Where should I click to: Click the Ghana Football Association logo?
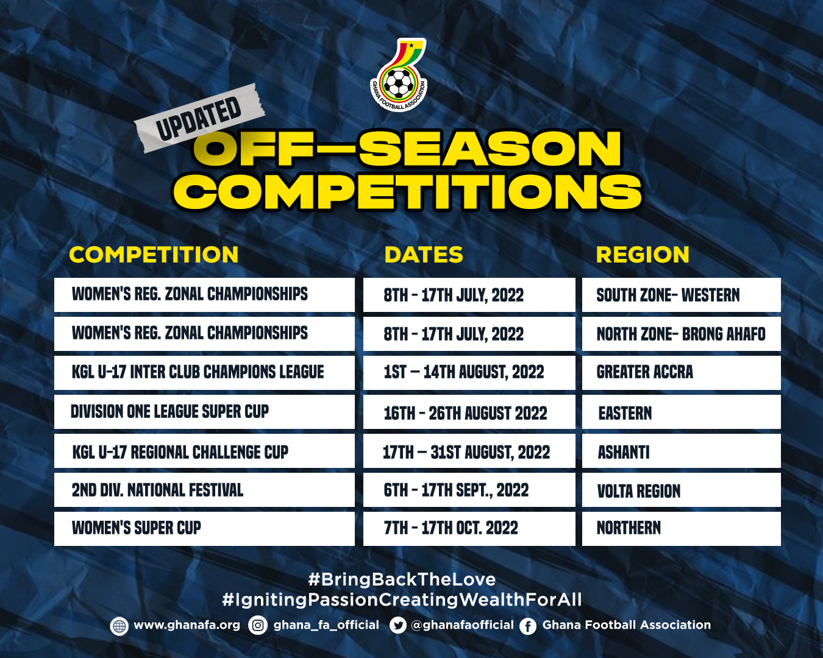coord(399,74)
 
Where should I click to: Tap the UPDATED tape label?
coord(199,118)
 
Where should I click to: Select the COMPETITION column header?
coord(154,255)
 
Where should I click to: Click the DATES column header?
coord(424,255)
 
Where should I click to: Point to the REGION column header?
coord(643,255)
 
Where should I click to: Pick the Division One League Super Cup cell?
coord(205,412)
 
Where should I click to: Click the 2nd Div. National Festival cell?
coord(205,490)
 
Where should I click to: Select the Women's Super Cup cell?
coord(205,529)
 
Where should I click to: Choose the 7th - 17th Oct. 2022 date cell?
coord(469,529)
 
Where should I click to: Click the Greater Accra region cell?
coord(682,373)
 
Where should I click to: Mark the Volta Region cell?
coord(682,490)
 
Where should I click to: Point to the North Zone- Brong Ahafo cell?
coord(682,334)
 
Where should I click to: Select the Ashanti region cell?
coord(682,451)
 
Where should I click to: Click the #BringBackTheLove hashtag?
coord(402,579)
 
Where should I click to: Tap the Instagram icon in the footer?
coord(258,626)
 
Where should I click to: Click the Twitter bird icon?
coord(398,626)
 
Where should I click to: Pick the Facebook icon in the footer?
coord(528,626)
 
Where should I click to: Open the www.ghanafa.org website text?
coord(187,625)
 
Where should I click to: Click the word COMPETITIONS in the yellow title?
coord(408,192)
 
